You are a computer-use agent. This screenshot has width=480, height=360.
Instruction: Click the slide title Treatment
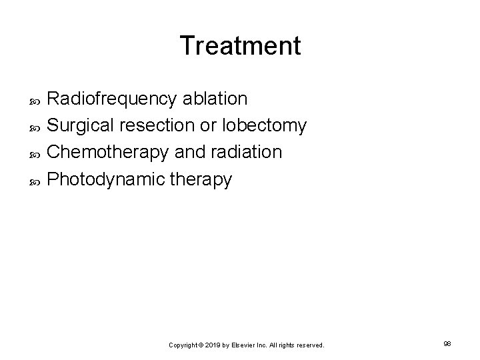(240, 46)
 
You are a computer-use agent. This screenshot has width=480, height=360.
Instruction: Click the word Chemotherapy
(110, 153)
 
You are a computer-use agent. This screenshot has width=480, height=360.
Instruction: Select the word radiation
(248, 152)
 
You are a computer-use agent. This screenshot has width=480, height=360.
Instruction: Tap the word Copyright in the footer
(183, 345)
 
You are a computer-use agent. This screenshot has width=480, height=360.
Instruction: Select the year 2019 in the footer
(213, 345)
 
